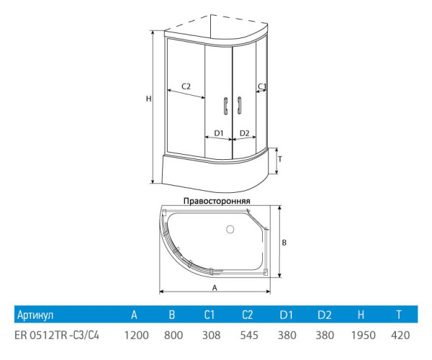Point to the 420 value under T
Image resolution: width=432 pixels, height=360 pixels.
pyautogui.click(x=400, y=335)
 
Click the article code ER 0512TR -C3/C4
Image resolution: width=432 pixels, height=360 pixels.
pyautogui.click(x=58, y=335)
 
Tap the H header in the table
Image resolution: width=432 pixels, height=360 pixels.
pyautogui.click(x=361, y=315)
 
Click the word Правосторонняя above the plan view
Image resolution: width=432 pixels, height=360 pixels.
pyautogui.click(x=216, y=201)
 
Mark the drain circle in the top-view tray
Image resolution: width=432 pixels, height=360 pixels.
pyautogui.click(x=230, y=230)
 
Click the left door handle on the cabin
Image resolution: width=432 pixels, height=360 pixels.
pyautogui.click(x=226, y=105)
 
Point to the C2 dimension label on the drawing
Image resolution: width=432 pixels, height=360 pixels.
pyautogui.click(x=185, y=86)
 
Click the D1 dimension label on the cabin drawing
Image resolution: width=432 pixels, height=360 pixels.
pyautogui.click(x=219, y=133)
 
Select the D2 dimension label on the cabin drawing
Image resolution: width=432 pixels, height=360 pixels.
pyautogui.click(x=244, y=133)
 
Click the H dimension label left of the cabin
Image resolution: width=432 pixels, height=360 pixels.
pyautogui.click(x=148, y=99)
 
